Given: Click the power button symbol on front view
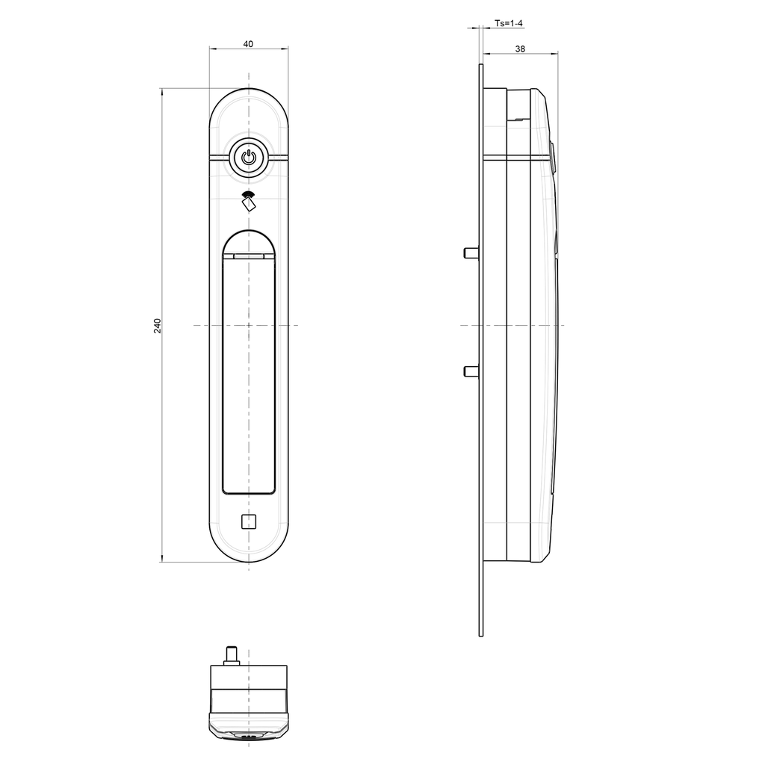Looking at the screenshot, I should [x=248, y=158].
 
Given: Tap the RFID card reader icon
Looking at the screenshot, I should [x=248, y=201].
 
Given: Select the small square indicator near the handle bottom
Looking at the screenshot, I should [x=248, y=521].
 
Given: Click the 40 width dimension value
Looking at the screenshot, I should [x=248, y=44].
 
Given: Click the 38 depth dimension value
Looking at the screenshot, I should [x=520, y=49].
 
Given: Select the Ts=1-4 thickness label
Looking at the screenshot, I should [x=509, y=24].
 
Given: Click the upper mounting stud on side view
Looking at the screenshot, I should [x=471, y=253].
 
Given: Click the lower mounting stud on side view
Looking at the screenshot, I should [x=471, y=371].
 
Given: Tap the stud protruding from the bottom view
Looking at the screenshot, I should [x=232, y=654].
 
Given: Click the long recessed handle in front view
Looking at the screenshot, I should [x=248, y=374].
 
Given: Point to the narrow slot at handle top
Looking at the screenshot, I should [x=248, y=256].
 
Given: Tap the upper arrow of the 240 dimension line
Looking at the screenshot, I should [x=162, y=91].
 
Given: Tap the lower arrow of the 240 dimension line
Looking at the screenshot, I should [x=162, y=560].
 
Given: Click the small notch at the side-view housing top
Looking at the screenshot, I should [x=515, y=118].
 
